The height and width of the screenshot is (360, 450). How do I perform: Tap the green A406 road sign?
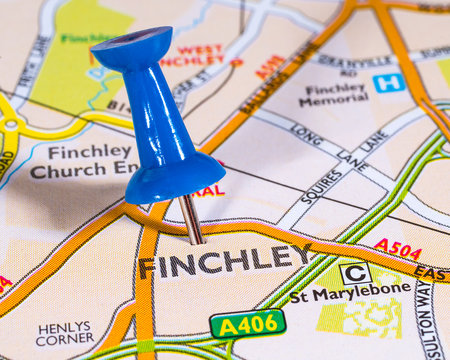(248, 323)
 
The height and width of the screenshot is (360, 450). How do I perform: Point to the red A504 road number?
(397, 249)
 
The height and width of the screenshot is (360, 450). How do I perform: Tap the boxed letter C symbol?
(355, 272)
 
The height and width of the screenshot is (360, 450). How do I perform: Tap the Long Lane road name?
(307, 134)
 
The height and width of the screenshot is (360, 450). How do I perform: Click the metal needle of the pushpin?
(190, 219)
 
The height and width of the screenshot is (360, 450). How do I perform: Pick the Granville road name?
(354, 60)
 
